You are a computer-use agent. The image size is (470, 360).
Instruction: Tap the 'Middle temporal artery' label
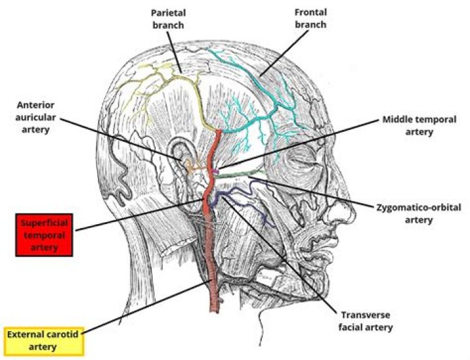tap(416, 127)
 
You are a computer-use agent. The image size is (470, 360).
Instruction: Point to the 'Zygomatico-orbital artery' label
tap(418, 214)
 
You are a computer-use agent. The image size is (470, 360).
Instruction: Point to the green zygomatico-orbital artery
tap(242, 174)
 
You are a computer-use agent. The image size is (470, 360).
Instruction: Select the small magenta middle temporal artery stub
tap(215, 171)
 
